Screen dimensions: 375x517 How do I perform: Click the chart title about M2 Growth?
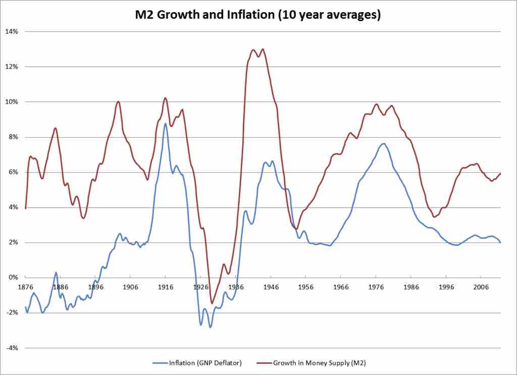[x=258, y=15]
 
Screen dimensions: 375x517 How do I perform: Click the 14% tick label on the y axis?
[x=11, y=31]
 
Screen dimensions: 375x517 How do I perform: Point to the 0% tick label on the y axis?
[x=13, y=278]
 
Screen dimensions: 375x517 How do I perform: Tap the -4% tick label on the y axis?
[x=12, y=348]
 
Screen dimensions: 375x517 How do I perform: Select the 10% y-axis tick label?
[x=11, y=102]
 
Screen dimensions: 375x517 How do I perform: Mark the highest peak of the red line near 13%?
[x=263, y=49]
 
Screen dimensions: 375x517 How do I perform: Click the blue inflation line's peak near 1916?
[x=165, y=123]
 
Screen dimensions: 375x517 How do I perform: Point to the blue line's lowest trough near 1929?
[x=210, y=328]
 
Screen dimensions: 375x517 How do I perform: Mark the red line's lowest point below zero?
[x=212, y=303]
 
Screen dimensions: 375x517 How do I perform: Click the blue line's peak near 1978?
[x=383, y=144]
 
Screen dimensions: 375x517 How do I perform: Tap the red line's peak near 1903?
[x=118, y=101]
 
